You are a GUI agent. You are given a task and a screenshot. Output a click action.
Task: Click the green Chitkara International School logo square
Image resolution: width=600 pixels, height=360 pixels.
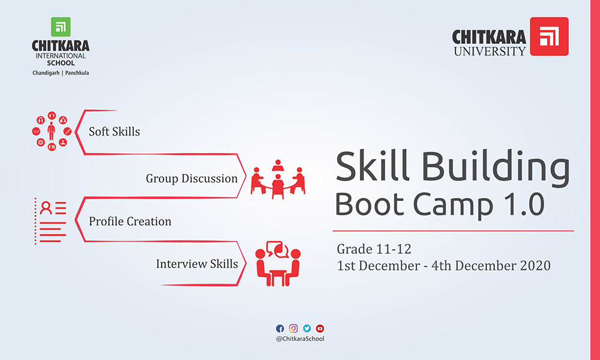[x=61, y=27]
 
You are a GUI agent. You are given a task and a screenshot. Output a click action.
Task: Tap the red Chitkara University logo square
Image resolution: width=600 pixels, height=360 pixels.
[x=549, y=37]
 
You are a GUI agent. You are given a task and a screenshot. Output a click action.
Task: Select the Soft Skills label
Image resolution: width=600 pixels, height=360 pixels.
[x=115, y=131]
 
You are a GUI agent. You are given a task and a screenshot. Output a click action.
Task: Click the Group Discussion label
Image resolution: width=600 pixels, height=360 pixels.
[x=192, y=178]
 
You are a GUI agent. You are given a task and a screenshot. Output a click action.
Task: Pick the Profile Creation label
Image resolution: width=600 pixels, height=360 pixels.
[x=130, y=221]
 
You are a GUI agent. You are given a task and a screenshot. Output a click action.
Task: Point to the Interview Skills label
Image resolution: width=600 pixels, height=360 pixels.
[x=197, y=263]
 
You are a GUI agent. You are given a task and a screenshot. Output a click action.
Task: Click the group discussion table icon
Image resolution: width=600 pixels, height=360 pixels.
[x=278, y=179]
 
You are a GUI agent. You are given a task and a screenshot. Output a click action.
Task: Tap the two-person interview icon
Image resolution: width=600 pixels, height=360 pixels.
[x=278, y=263]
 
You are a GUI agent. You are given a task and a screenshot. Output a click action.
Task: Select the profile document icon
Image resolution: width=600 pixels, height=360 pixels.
[x=50, y=221]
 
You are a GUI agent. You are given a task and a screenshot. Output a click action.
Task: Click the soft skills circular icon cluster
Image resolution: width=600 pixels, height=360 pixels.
[x=52, y=131]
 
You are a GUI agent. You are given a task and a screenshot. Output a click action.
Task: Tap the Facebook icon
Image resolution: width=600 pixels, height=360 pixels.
[x=280, y=328]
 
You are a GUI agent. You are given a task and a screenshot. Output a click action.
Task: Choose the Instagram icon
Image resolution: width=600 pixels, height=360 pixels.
[x=293, y=328]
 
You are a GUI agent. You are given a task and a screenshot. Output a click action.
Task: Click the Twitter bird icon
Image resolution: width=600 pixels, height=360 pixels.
[x=307, y=328]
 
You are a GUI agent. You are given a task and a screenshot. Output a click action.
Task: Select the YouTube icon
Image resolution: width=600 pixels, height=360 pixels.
[x=320, y=328]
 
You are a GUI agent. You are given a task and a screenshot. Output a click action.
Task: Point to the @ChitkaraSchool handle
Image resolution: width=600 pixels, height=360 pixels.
[x=300, y=339]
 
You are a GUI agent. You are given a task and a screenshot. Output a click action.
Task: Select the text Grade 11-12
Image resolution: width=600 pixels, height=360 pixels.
[x=374, y=250]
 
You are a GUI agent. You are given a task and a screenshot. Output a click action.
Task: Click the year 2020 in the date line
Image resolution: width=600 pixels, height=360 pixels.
[x=535, y=266]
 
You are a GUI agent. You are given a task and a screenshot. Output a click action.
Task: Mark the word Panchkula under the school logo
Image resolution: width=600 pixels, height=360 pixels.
[x=77, y=73]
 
